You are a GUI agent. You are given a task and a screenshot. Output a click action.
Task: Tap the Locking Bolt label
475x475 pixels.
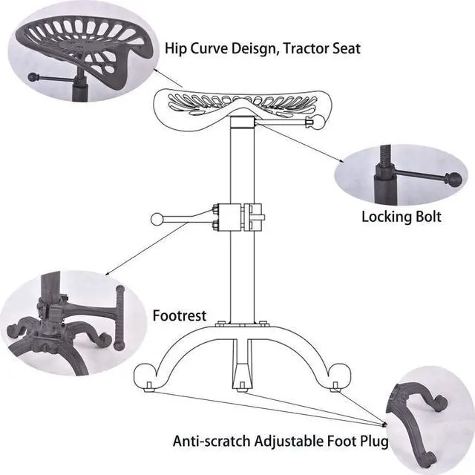pos(402,217)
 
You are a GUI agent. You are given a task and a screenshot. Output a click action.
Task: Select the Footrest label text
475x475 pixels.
pos(179,315)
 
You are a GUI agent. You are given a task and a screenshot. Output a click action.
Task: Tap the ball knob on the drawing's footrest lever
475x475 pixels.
pos(157,219)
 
